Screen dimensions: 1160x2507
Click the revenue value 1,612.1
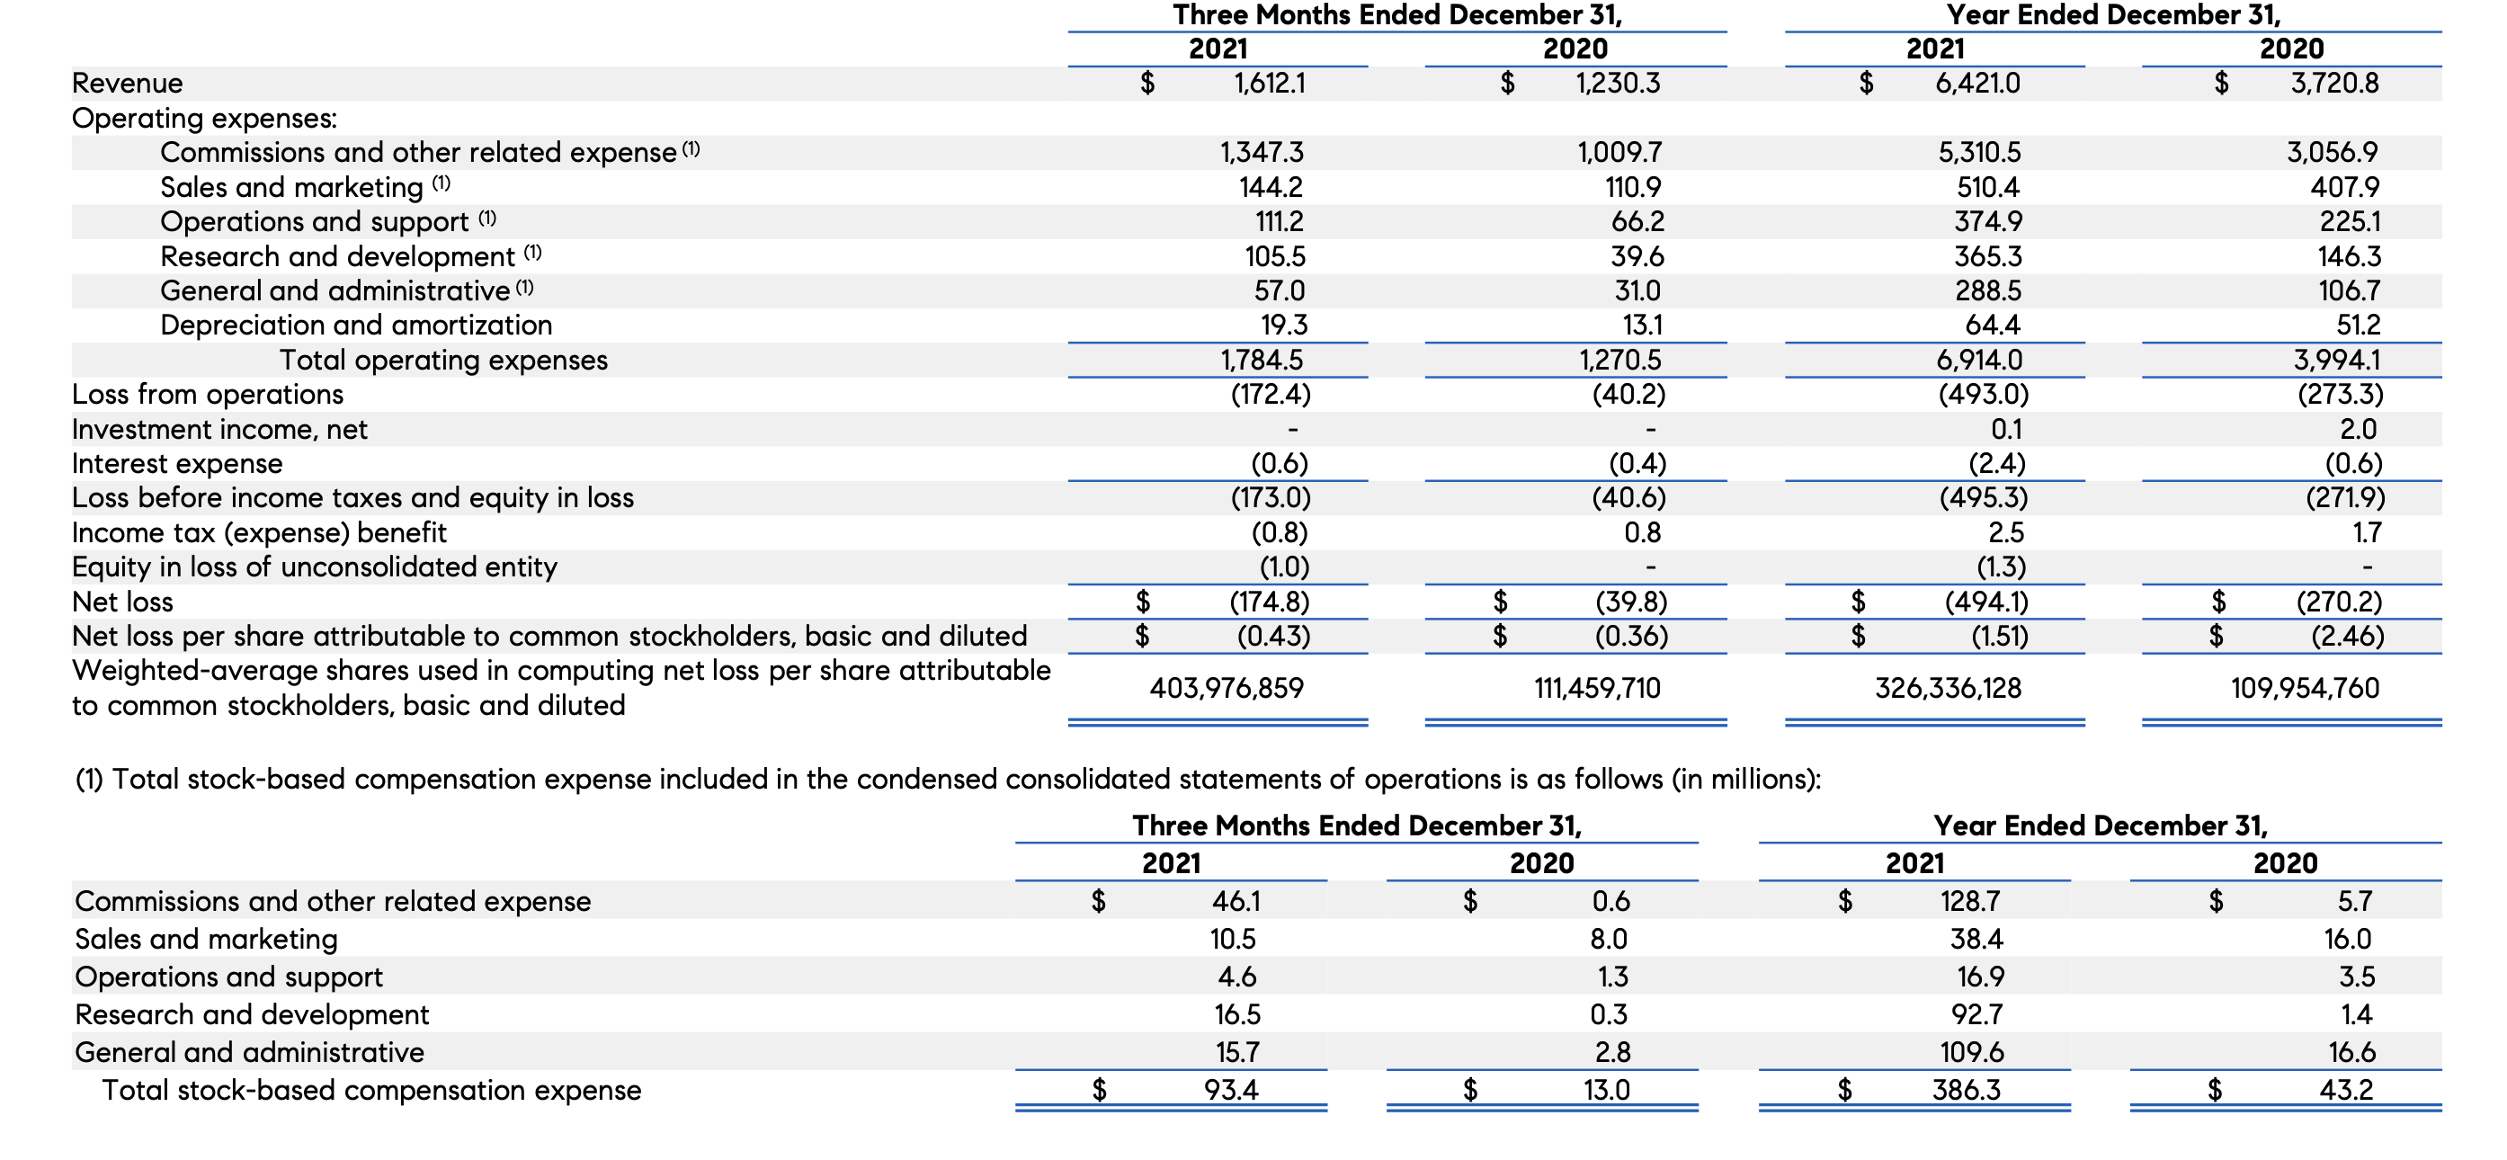[1269, 84]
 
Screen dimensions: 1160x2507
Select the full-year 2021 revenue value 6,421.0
[1976, 84]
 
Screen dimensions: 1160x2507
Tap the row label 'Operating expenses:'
[204, 119]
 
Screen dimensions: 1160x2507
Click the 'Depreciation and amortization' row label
[356, 325]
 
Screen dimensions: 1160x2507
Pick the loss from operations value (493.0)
[1984, 394]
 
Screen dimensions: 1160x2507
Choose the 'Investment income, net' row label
[220, 429]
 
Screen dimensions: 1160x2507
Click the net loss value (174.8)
[1269, 602]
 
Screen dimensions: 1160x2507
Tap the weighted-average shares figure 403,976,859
[1227, 688]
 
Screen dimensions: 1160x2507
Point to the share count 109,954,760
[2305, 688]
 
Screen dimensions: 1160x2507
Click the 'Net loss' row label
[122, 602]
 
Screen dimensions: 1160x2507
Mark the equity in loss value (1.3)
[2001, 567]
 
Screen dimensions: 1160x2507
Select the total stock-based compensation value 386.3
[1966, 1090]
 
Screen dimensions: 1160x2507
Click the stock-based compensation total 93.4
[1231, 1090]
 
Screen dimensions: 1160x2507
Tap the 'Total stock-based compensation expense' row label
[371, 1090]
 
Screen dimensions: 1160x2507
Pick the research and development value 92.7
[1976, 1015]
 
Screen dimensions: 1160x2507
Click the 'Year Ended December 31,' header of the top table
[2113, 15]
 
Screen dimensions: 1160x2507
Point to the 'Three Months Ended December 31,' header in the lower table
[1357, 825]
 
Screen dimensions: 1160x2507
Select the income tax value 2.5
[2006, 532]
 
